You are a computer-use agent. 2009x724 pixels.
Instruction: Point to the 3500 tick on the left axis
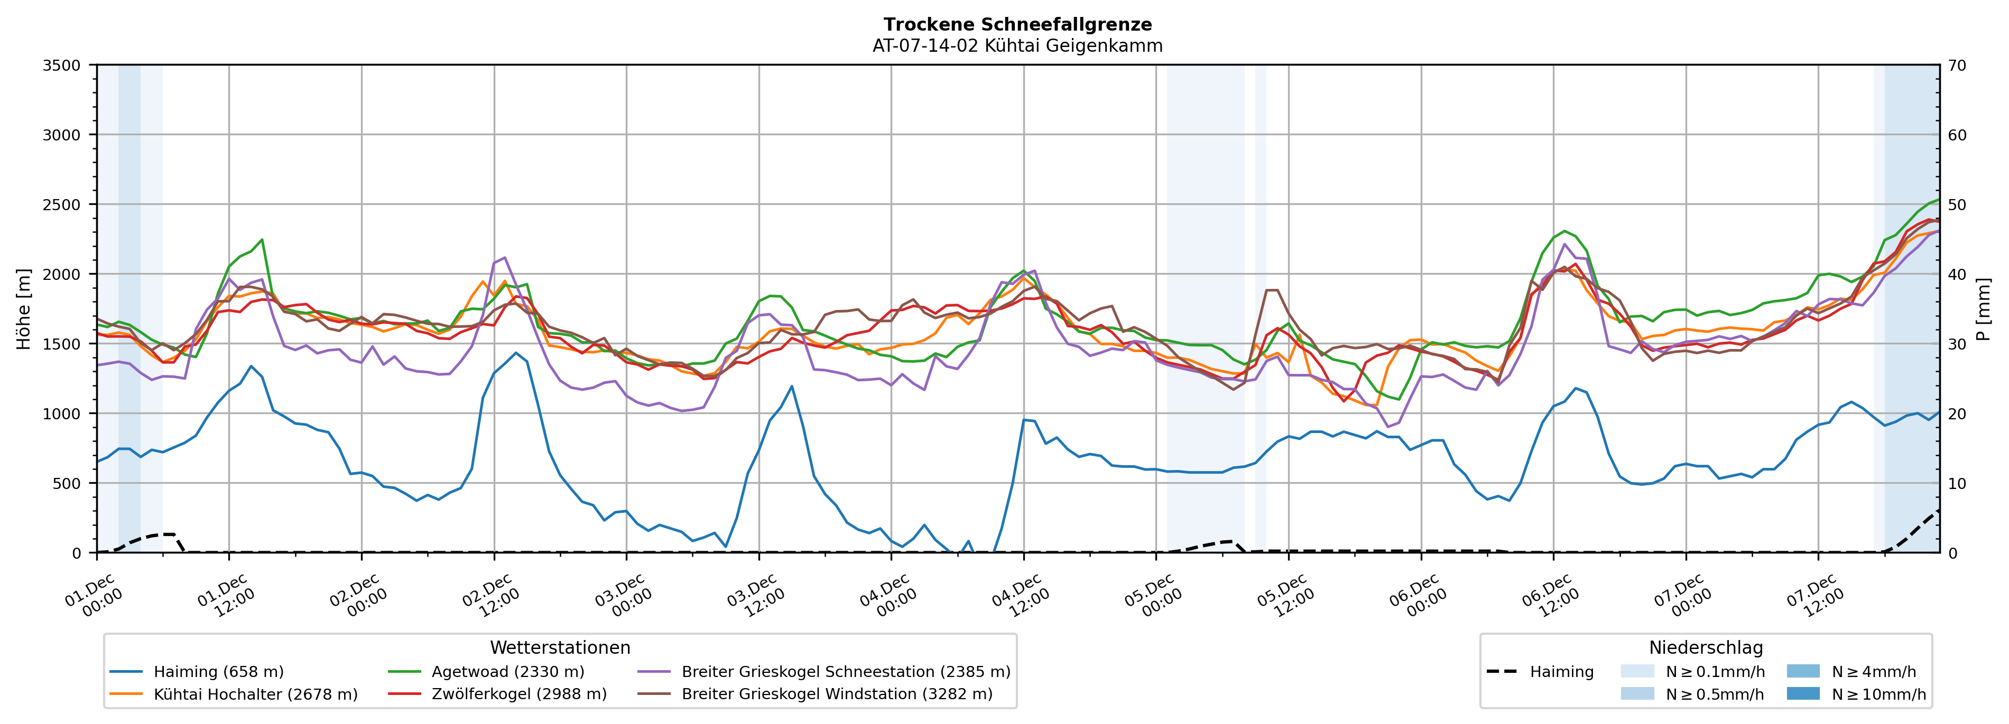62,65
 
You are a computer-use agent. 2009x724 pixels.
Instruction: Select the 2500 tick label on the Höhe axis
62,205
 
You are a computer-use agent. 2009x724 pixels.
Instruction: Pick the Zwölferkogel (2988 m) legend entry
519,694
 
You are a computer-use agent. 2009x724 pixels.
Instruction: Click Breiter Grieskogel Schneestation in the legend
845,672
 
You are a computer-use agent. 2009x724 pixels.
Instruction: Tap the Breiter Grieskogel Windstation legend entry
837,694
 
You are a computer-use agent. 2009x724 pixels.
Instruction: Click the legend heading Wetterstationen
560,647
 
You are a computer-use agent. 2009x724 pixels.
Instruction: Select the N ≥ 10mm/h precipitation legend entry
1878,694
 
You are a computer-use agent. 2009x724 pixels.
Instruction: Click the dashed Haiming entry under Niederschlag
1561,672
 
